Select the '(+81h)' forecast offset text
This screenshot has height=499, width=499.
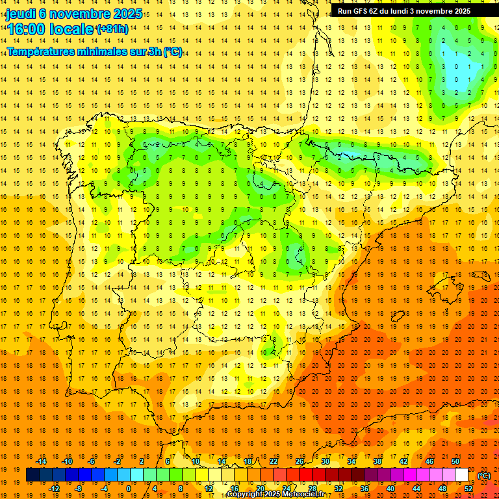112,29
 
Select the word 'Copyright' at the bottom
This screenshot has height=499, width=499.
245,494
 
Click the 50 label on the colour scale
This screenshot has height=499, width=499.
455,461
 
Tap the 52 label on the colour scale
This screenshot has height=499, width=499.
468,488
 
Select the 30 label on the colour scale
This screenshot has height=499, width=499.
326,461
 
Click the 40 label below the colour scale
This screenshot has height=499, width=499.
390,488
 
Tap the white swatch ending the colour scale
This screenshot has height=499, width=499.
462,475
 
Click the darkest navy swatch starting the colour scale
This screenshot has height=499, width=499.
32,475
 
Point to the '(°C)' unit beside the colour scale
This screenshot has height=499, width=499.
484,476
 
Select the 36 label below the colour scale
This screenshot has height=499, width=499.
365,488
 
